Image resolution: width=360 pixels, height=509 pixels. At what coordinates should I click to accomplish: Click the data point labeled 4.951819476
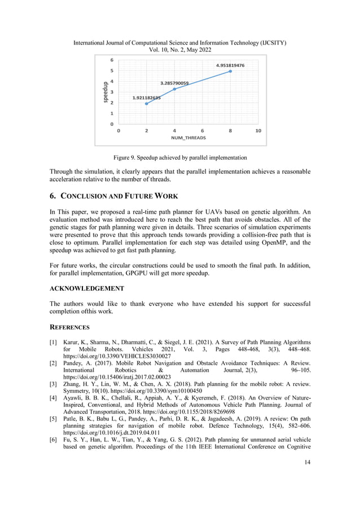pos(230,71)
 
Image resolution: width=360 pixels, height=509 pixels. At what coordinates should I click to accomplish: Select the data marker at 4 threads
pos(174,89)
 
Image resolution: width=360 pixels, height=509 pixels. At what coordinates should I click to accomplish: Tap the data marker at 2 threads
pos(147,103)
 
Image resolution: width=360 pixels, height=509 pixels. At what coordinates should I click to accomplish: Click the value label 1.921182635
pos(146,98)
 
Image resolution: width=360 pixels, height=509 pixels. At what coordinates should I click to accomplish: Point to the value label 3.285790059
pos(174,83)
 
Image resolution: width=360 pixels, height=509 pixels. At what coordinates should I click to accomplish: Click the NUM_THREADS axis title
pos(188,137)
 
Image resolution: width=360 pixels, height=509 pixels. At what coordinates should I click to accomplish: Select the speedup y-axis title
pos(106,92)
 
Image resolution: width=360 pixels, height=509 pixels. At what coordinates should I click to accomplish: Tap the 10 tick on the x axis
pos(258,130)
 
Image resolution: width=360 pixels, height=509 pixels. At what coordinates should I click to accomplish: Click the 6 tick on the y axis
pos(112,60)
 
